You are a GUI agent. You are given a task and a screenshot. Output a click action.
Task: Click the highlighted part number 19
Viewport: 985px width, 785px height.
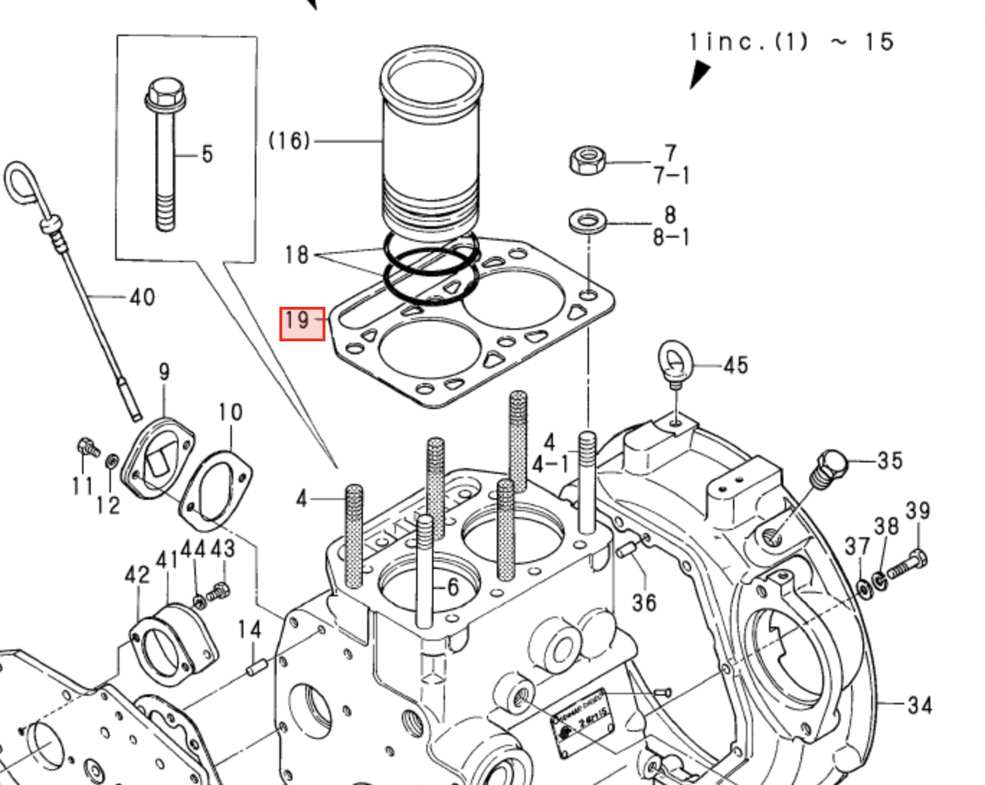tap(302, 323)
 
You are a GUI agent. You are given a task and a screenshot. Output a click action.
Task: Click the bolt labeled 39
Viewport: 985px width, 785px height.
tap(907, 565)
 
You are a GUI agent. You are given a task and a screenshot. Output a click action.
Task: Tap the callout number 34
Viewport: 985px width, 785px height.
tap(919, 705)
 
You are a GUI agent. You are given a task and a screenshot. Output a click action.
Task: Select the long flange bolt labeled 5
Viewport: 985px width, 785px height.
tap(163, 155)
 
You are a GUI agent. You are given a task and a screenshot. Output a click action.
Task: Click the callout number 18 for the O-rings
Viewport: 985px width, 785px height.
tap(297, 254)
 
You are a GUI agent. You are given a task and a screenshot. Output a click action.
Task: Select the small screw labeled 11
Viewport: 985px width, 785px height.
tap(87, 448)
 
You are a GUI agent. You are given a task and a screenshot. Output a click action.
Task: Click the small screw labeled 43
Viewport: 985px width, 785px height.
tap(219, 593)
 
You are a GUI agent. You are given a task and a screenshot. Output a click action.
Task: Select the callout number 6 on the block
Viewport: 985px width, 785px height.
tap(451, 588)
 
